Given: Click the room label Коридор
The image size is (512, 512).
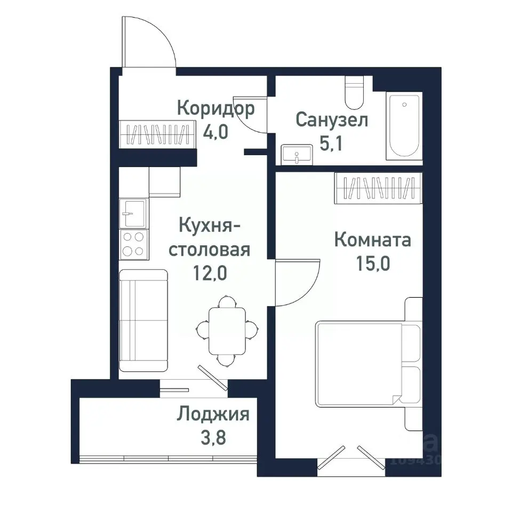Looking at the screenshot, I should [x=215, y=109].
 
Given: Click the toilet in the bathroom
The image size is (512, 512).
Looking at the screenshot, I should [x=353, y=93].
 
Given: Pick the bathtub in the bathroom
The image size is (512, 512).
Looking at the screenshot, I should [x=404, y=126].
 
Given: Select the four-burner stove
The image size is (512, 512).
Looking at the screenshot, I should [x=133, y=244].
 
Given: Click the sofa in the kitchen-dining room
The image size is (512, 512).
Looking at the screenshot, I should [x=143, y=320].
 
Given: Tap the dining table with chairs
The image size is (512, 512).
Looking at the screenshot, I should [x=227, y=331].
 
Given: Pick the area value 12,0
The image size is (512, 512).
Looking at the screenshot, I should [x=209, y=273].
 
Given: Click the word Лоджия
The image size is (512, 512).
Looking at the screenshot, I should [x=213, y=414].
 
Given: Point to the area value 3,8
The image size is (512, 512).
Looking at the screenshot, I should [x=213, y=438].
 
